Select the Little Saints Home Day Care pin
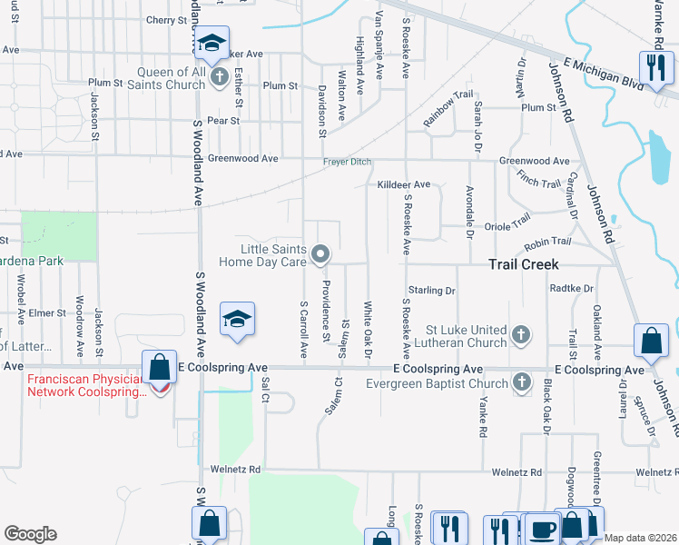coord(320,255)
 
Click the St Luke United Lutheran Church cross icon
coord(521,335)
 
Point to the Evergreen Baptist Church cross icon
coord(521,383)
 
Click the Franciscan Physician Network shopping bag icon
coord(160,369)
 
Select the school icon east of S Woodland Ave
coord(237,320)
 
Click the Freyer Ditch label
coord(348,163)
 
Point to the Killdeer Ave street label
coord(404,184)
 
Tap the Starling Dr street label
coord(431,291)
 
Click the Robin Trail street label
coord(548,242)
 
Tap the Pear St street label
coord(222,120)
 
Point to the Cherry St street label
coord(165,20)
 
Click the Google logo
coord(30,534)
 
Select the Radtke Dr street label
coord(572,288)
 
